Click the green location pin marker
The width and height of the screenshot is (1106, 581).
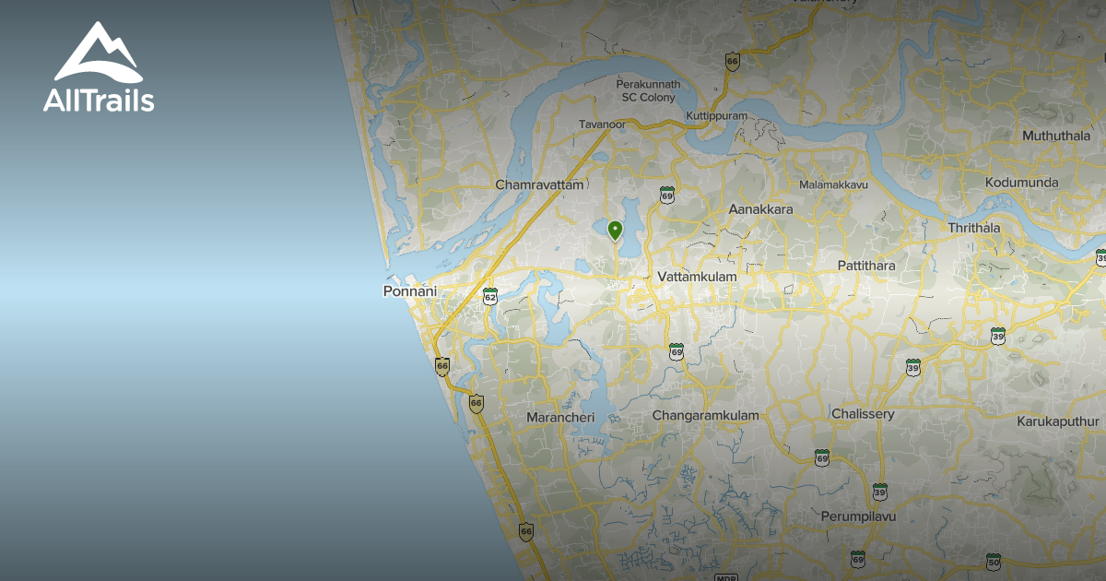click(x=615, y=230)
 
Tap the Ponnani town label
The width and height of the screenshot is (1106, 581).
click(x=408, y=290)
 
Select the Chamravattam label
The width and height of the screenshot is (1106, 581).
click(x=539, y=184)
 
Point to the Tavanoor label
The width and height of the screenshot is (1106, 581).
click(x=602, y=124)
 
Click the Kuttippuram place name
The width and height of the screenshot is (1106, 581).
click(x=716, y=115)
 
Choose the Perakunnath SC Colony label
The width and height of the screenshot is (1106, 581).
click(x=648, y=90)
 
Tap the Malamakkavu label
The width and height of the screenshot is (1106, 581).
click(x=834, y=184)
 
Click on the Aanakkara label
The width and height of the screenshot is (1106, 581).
click(x=760, y=209)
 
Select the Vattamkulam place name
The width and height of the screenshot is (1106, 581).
click(x=698, y=277)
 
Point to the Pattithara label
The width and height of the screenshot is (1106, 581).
click(x=865, y=266)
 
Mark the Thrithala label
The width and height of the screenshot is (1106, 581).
click(x=973, y=228)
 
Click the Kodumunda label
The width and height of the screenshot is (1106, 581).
click(x=1021, y=183)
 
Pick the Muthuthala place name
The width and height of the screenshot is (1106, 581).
click(x=1055, y=136)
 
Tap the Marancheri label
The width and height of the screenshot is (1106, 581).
click(x=560, y=418)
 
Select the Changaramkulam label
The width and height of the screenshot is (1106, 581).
click(x=705, y=415)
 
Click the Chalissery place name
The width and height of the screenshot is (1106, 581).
click(x=863, y=414)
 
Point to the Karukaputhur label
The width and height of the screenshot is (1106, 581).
click(x=1060, y=421)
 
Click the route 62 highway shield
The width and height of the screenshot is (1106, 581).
click(x=489, y=296)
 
